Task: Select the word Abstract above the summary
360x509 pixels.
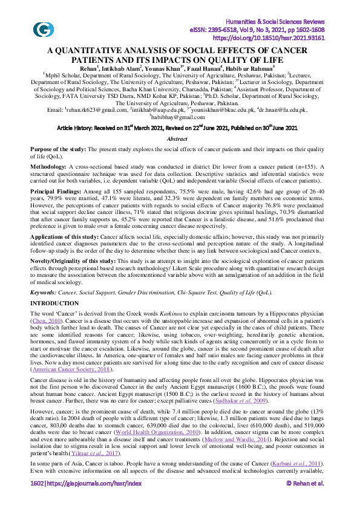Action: tap(180, 138)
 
